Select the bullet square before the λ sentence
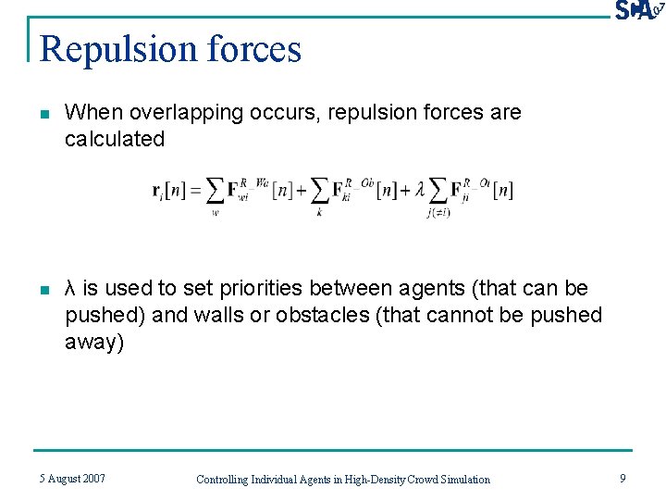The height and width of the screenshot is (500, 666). click(43, 291)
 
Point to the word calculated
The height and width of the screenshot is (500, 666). click(115, 140)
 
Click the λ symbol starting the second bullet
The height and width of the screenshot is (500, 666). click(70, 289)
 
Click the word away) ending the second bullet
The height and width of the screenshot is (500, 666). click(92, 343)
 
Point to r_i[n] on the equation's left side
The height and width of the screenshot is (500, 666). click(169, 191)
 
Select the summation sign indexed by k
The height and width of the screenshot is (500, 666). click(319, 192)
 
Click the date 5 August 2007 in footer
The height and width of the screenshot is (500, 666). click(72, 479)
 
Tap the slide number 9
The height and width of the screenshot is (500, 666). click(623, 479)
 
